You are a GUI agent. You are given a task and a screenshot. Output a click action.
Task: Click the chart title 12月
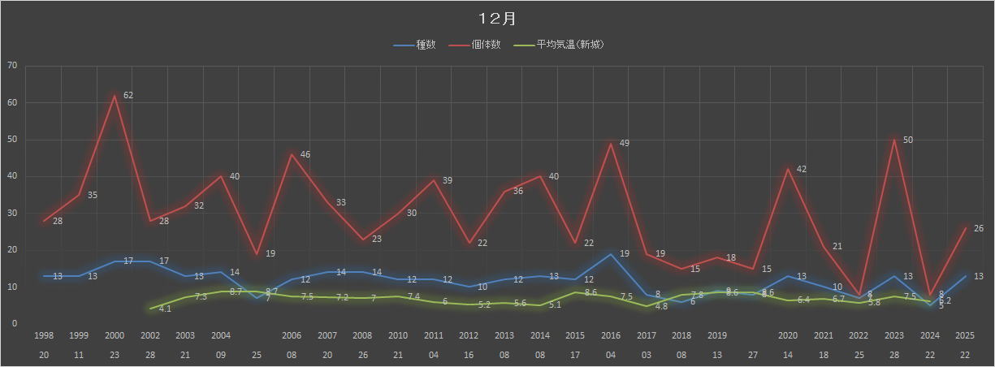point(497,19)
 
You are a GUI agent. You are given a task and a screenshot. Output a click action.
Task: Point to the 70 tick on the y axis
point(11,66)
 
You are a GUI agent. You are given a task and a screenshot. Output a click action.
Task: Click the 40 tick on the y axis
point(11,176)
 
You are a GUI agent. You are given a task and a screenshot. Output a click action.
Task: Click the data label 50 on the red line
point(908,140)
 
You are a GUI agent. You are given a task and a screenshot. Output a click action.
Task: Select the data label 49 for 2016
point(624,144)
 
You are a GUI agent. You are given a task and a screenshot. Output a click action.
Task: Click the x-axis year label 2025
point(965,335)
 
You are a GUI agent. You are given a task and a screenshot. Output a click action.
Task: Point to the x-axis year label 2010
point(398,335)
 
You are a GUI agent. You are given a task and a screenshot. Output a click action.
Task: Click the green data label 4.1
point(164,309)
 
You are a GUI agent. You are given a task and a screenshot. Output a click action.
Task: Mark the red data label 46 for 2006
point(305,154)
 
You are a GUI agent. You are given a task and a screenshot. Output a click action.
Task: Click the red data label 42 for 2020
point(801,170)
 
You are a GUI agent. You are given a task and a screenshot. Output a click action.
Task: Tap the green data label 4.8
point(660,307)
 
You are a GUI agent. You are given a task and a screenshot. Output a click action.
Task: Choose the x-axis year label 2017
point(647,335)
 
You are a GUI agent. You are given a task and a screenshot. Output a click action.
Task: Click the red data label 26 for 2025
point(979,228)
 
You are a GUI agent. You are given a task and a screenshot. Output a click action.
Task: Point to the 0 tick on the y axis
point(14,324)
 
